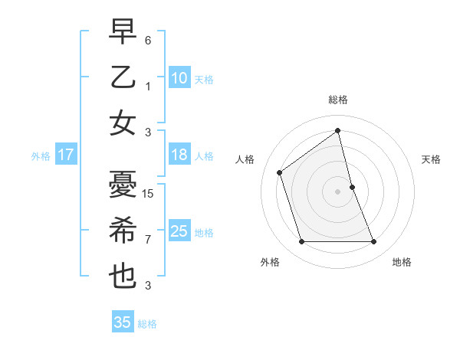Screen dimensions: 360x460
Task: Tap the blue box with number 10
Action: tap(179, 77)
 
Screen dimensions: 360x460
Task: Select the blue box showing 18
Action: tap(179, 155)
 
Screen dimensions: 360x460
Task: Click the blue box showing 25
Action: tap(179, 231)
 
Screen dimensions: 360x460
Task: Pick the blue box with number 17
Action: tap(65, 155)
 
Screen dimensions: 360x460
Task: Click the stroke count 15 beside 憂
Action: tap(149, 194)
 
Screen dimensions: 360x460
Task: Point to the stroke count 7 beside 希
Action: tap(148, 240)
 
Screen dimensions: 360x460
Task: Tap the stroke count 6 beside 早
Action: tap(148, 40)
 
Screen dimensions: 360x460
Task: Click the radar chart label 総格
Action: tap(338, 100)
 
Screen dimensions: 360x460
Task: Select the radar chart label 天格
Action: tap(432, 159)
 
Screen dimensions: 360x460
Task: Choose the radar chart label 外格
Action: tap(269, 262)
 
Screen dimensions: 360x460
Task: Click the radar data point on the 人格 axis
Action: tap(280, 172)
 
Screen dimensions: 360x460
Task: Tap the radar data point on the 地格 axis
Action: tap(374, 242)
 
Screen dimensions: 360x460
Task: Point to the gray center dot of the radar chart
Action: tap(337, 191)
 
